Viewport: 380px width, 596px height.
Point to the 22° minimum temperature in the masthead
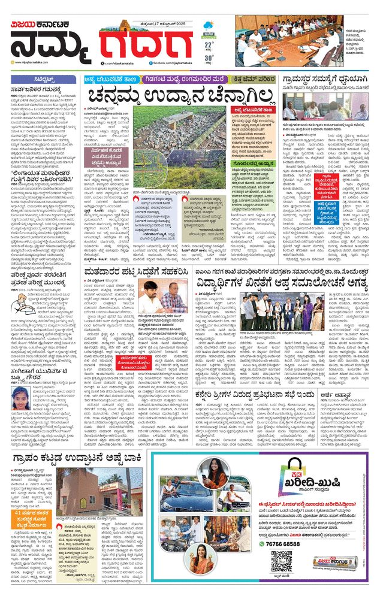209,45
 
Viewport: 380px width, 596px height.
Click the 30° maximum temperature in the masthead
209,58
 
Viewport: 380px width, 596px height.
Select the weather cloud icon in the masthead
209,27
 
